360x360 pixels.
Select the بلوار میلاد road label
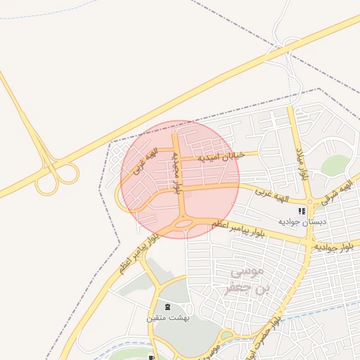point(302,163)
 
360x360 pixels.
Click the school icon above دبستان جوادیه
point(302,210)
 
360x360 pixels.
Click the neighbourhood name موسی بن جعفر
point(245,278)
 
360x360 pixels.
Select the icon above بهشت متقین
point(167,307)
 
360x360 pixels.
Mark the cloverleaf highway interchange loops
point(59,176)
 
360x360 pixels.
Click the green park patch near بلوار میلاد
point(335,165)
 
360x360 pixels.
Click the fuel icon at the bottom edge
point(151,357)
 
